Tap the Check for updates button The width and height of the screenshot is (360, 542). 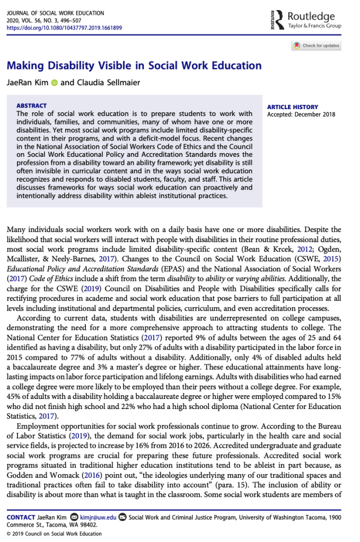coord(317,46)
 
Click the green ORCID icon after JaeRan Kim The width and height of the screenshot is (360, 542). coord(54,83)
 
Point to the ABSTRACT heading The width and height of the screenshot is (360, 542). coord(31,106)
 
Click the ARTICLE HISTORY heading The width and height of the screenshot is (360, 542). coord(293,107)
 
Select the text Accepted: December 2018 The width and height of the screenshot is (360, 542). coord(297,114)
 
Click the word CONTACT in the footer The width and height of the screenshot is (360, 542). coord(21,517)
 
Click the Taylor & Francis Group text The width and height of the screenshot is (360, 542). coord(314,25)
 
